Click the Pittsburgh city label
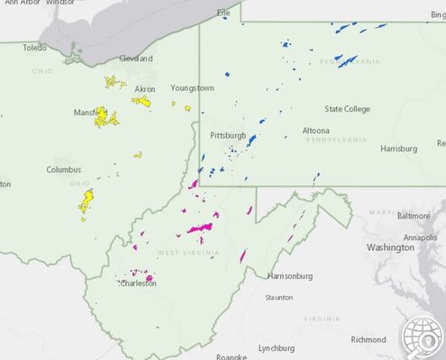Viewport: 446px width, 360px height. tap(227, 135)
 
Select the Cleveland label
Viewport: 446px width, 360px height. tap(136, 58)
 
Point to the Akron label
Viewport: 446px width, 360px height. tap(145, 89)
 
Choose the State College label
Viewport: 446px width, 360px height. tap(347, 109)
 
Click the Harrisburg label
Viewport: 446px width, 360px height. tap(399, 148)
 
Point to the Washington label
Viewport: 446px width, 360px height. tap(389, 247)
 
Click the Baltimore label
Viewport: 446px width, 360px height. tap(414, 216)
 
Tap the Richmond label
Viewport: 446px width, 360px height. tap(368, 339)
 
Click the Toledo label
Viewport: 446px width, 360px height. tap(34, 48)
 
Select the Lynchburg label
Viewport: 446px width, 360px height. tap(277, 347)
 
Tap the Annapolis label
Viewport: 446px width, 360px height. tap(420, 237)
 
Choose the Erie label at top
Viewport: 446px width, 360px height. tap(223, 13)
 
